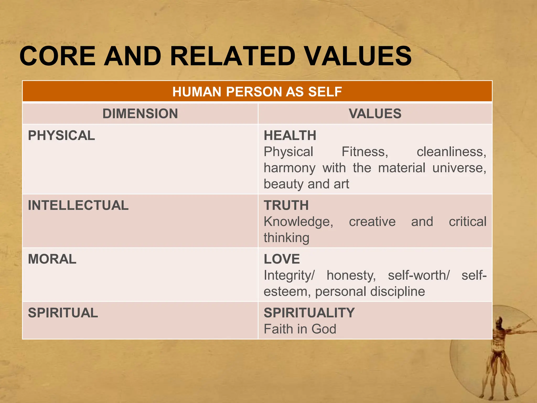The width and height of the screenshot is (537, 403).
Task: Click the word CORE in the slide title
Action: point(57,56)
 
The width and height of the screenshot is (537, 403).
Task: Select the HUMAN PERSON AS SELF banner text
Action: point(257,92)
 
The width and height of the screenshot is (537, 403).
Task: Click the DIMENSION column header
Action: point(140,114)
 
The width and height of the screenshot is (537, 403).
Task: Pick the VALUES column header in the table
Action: point(375,114)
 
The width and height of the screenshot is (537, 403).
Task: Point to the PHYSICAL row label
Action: point(61,136)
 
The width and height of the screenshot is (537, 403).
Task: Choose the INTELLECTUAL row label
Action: point(78,205)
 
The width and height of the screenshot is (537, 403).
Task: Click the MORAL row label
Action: point(52,259)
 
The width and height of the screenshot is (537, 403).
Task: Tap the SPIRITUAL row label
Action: point(63,313)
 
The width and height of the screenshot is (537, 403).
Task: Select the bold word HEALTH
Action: point(290,136)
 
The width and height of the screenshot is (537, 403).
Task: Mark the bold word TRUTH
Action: point(286,205)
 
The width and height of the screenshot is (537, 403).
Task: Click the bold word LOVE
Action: point(282,259)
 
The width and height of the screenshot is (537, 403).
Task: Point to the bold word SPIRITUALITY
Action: point(309,313)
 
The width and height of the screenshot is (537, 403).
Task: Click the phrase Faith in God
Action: point(300,329)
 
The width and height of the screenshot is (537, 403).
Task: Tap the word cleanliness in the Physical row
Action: point(451,152)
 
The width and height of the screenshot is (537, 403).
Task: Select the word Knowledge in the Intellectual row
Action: point(298,222)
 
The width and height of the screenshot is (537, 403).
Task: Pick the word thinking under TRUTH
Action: point(286,238)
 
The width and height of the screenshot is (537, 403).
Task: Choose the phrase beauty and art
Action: point(306,184)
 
